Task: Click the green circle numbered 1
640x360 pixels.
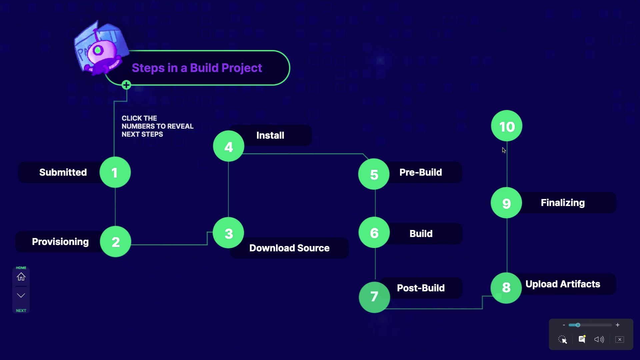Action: pyautogui.click(x=115, y=172)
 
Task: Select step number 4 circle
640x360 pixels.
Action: pyautogui.click(x=229, y=146)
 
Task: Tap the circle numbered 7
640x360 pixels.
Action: pyautogui.click(x=374, y=297)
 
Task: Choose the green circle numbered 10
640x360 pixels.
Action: pyautogui.click(x=507, y=126)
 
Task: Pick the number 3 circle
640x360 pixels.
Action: pyautogui.click(x=228, y=233)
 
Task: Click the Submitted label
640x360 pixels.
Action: pyautogui.click(x=63, y=172)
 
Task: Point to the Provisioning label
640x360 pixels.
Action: pyautogui.click(x=60, y=242)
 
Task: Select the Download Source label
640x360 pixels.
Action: pyautogui.click(x=289, y=248)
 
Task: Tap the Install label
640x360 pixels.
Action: pyautogui.click(x=270, y=135)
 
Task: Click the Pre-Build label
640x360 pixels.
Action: pyautogui.click(x=421, y=172)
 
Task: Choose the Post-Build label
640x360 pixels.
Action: pyautogui.click(x=421, y=288)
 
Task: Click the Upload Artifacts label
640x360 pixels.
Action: pyautogui.click(x=563, y=284)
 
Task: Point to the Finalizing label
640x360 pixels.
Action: pyautogui.click(x=563, y=203)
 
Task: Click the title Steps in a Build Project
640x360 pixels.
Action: pyautogui.click(x=197, y=68)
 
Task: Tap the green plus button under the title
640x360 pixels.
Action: pyautogui.click(x=126, y=85)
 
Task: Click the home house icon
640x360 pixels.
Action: pyautogui.click(x=21, y=277)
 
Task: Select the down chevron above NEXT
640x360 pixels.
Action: pyautogui.click(x=21, y=295)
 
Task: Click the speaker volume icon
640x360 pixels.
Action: pyautogui.click(x=599, y=339)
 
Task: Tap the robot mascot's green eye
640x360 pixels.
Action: pyautogui.click(x=98, y=50)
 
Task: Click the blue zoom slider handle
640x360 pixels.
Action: pyautogui.click(x=578, y=325)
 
